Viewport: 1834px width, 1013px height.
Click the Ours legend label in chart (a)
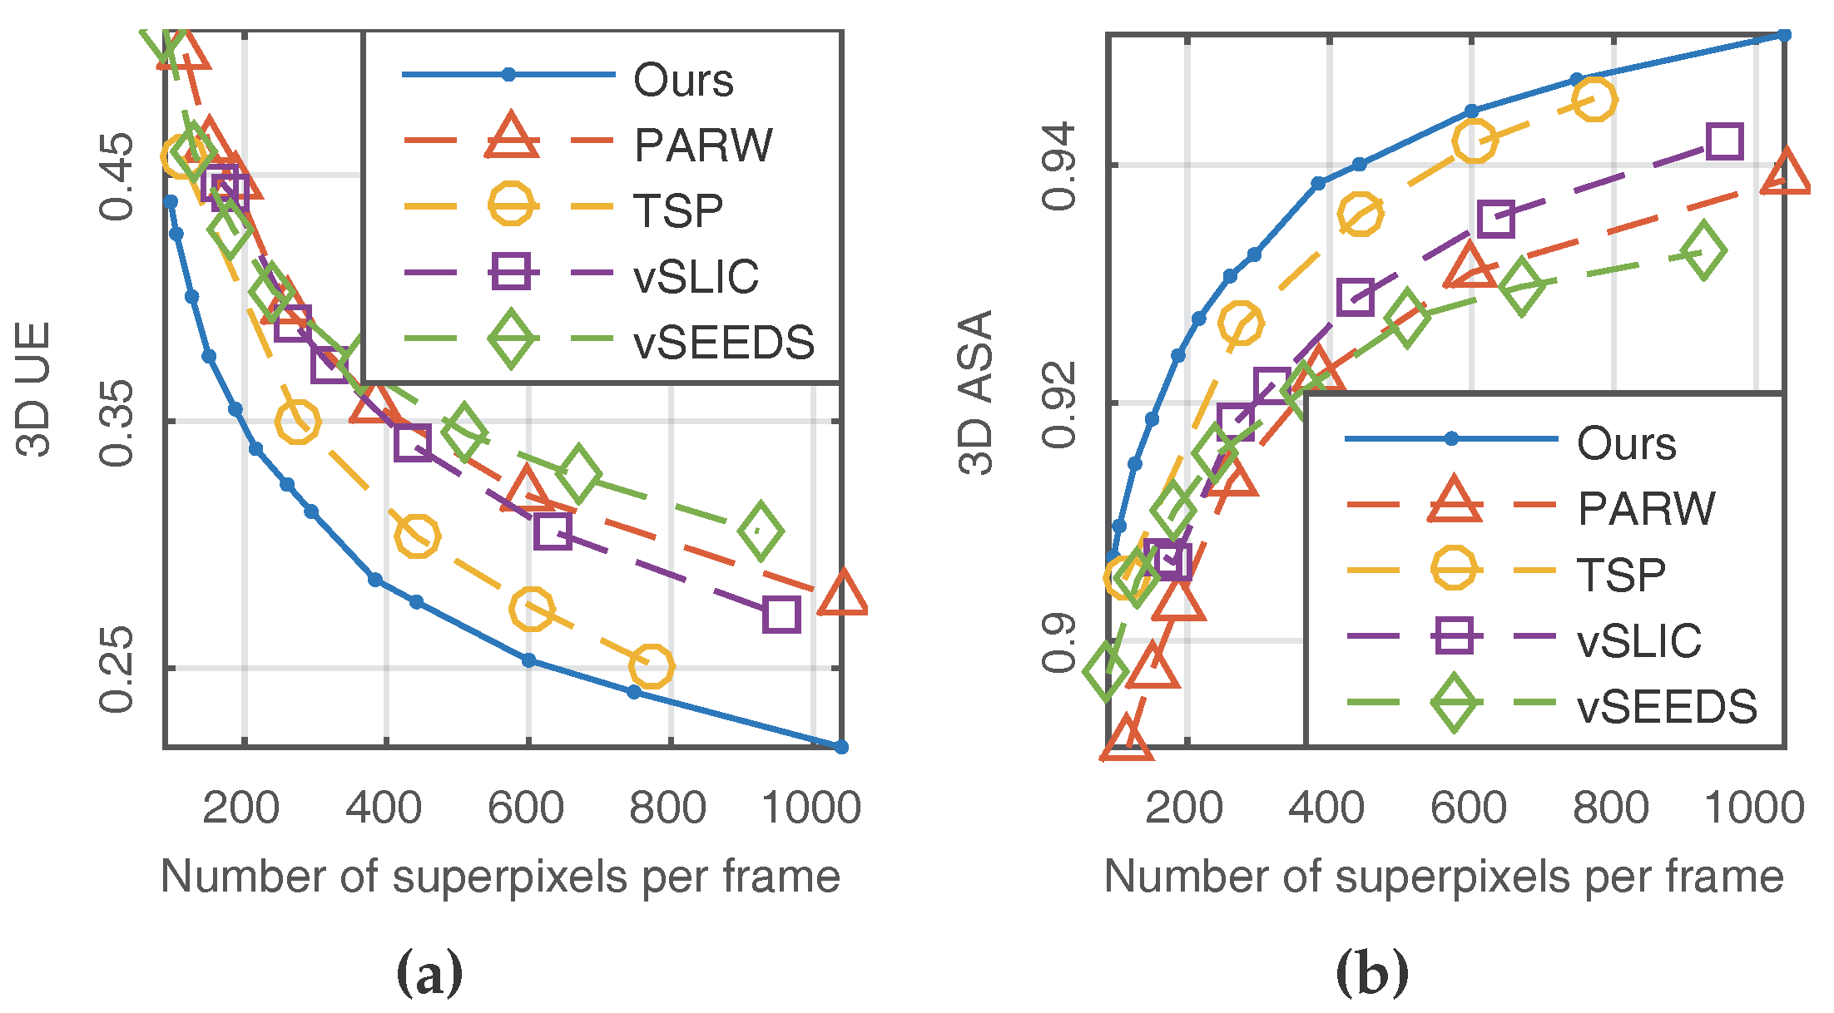tap(683, 81)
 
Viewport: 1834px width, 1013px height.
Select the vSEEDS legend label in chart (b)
tap(1667, 707)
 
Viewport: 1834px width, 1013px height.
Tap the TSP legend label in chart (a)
tap(678, 210)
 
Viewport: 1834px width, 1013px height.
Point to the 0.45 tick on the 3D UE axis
tap(116, 175)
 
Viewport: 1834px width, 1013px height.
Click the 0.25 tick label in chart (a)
tap(116, 668)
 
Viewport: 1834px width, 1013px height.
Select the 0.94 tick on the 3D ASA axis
tap(1058, 166)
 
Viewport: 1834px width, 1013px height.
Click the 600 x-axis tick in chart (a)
tap(526, 808)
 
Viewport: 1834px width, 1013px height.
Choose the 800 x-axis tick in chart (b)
tap(1610, 808)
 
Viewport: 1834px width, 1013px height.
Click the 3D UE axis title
tap(34, 389)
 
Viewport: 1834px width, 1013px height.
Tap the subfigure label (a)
tap(429, 972)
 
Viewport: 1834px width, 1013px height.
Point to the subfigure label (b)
tap(1372, 972)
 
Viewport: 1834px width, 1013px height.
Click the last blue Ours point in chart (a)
tap(840, 747)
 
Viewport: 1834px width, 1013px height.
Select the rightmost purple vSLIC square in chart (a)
tap(781, 615)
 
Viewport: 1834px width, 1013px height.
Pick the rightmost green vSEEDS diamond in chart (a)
tap(761, 531)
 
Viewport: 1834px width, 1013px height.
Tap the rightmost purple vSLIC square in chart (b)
tap(1724, 141)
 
